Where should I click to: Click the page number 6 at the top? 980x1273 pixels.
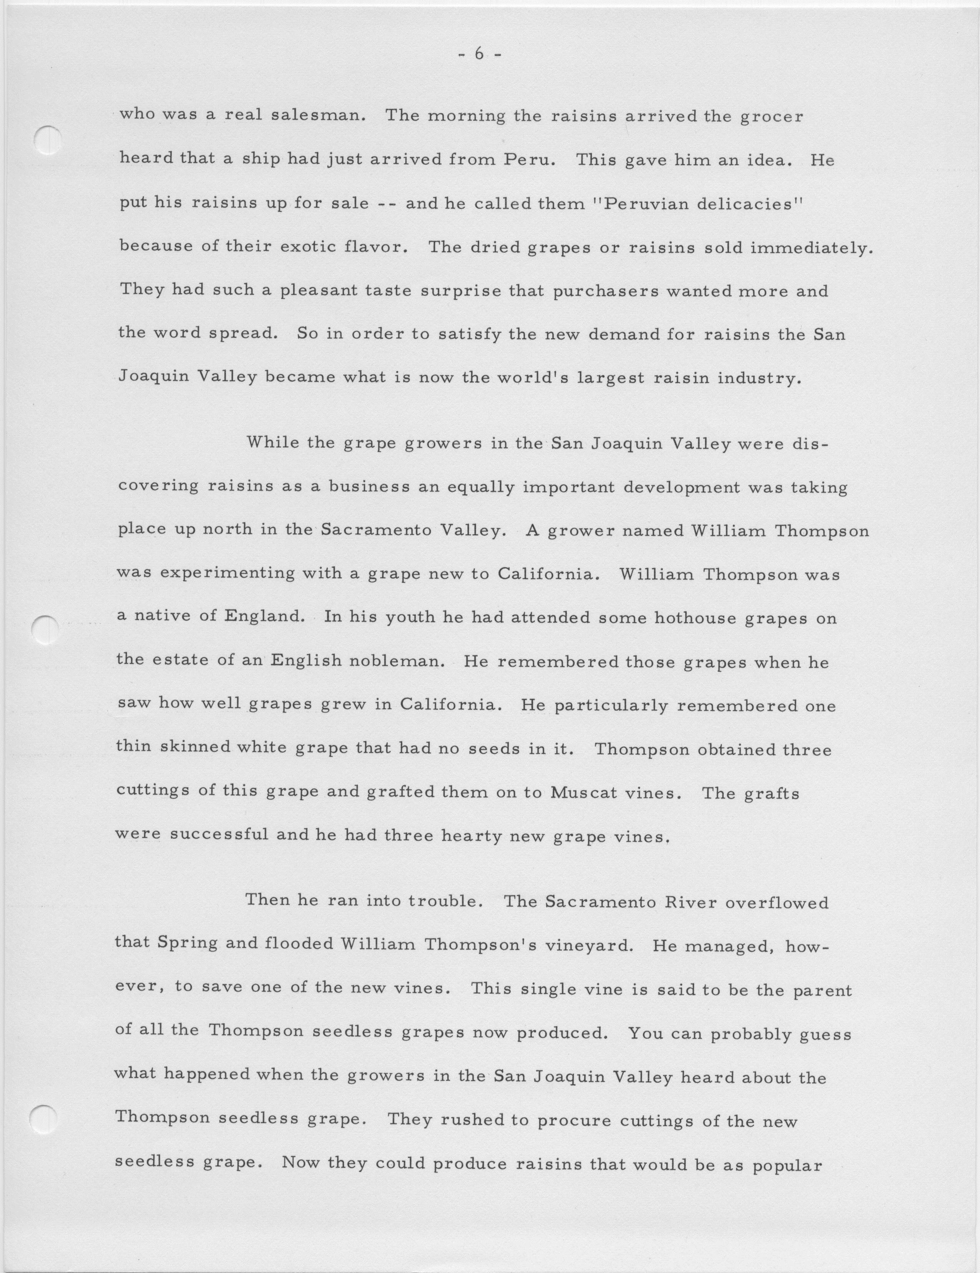479,54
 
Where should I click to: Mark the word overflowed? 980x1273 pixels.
777,902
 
